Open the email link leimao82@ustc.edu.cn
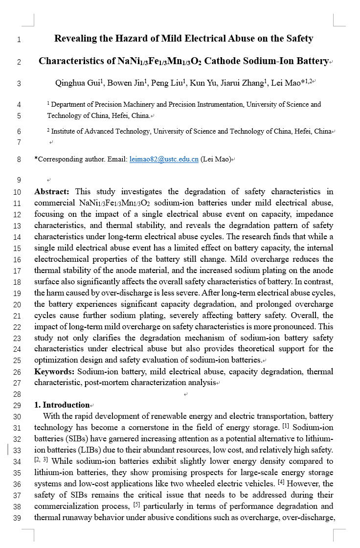(x=164, y=159)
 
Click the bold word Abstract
(x=51, y=191)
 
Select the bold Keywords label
(x=54, y=371)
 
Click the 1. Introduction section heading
(x=62, y=405)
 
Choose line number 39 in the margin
(x=17, y=517)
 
